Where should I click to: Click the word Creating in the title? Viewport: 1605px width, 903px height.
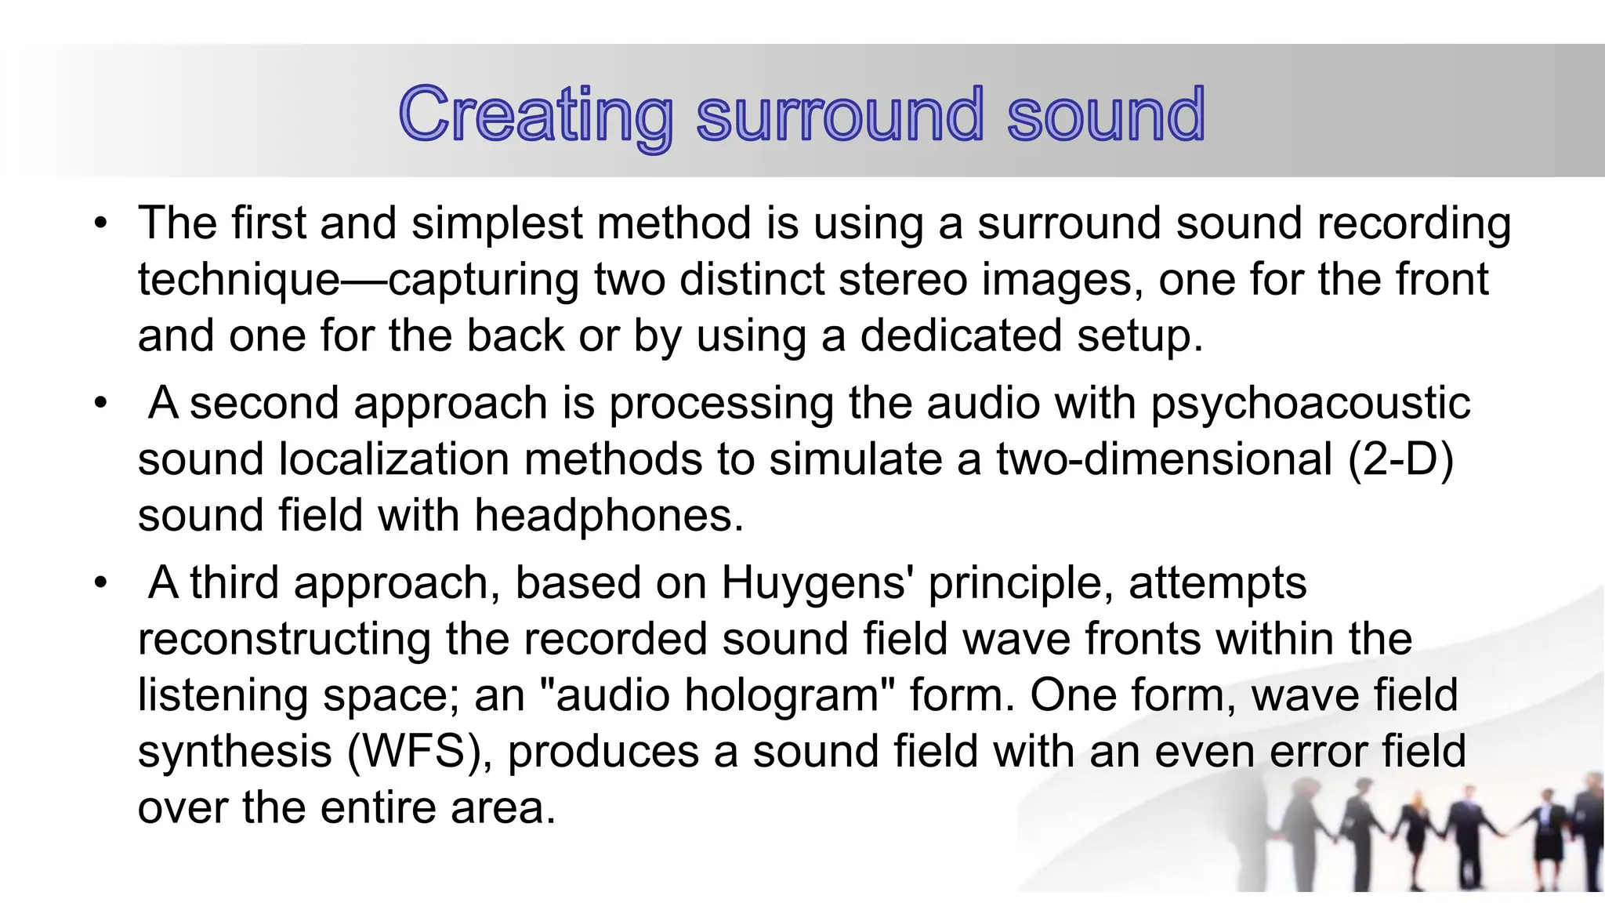click(536, 116)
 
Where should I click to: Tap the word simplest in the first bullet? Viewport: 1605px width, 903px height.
click(497, 223)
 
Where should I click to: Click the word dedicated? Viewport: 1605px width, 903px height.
click(962, 336)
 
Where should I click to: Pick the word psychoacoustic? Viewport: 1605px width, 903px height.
click(1310, 404)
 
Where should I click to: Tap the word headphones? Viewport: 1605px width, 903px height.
click(608, 516)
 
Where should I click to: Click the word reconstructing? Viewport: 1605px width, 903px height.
click(284, 640)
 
